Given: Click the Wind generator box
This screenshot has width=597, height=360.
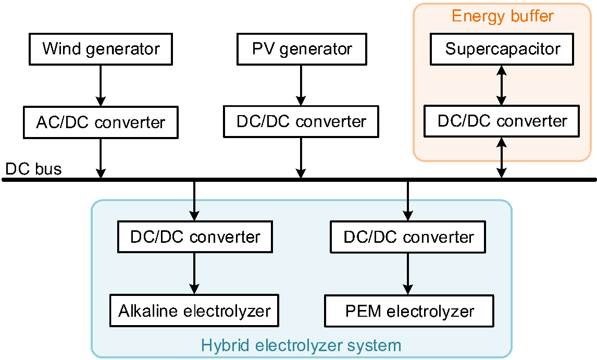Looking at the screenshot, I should pyautogui.click(x=101, y=49).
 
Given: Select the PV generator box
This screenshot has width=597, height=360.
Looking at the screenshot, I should pyautogui.click(x=302, y=49).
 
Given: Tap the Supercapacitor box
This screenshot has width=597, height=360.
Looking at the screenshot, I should pyautogui.click(x=502, y=49).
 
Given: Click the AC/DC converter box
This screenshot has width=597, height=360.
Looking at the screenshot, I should pyautogui.click(x=101, y=122).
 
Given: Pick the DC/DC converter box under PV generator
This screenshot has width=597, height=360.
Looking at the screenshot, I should pyautogui.click(x=301, y=122).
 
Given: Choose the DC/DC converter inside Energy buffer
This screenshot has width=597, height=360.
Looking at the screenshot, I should pyautogui.click(x=502, y=121).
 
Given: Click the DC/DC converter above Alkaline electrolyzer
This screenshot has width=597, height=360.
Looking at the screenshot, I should pyautogui.click(x=195, y=237).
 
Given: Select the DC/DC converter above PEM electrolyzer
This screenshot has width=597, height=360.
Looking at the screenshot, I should pyautogui.click(x=408, y=237).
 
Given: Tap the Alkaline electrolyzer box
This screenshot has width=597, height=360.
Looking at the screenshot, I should pyautogui.click(x=194, y=311).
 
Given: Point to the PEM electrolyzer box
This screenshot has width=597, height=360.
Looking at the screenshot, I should pyautogui.click(x=409, y=312).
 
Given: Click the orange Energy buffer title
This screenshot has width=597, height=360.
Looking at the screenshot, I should pyautogui.click(x=502, y=16).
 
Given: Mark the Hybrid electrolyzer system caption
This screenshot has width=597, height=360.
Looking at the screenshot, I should pyautogui.click(x=301, y=345).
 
